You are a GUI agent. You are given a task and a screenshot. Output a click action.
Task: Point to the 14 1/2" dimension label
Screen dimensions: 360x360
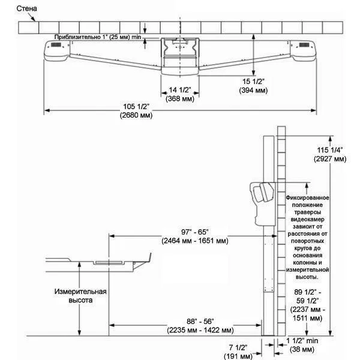(180, 90)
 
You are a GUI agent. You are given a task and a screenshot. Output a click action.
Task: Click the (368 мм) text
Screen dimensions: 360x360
(180, 98)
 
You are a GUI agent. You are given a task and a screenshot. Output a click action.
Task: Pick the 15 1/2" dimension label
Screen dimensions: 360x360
(251, 80)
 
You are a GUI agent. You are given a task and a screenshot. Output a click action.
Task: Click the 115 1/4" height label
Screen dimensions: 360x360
(330, 150)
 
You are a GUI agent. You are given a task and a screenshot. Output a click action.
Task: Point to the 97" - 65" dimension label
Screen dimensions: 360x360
(194, 232)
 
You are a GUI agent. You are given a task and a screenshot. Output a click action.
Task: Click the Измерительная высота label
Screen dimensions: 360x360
(82, 296)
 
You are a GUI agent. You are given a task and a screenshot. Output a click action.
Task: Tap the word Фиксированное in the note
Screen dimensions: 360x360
(308, 197)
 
